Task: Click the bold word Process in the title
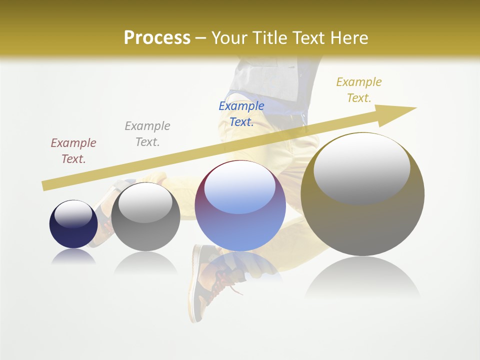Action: coord(157,38)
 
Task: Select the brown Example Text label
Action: coord(73,151)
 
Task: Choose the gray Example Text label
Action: coord(147,134)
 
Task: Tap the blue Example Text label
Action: coord(241,114)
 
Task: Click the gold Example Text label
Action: coord(358,90)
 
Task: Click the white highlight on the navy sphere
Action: coord(73,214)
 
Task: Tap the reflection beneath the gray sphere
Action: coord(145,262)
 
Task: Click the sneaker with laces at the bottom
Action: coord(210,280)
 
